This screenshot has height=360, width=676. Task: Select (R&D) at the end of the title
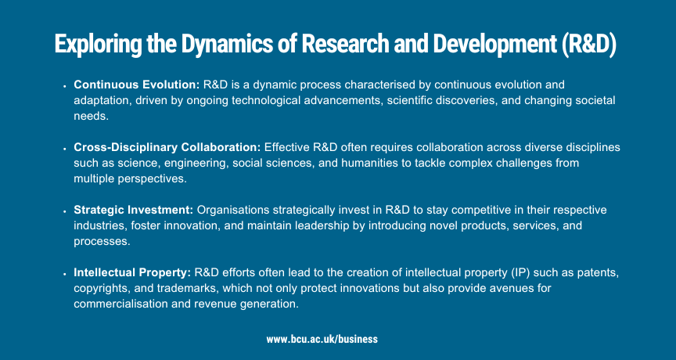click(x=589, y=44)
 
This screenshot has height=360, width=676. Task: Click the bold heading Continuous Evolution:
click(x=137, y=85)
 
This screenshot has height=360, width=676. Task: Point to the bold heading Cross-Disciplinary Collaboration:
click(x=167, y=147)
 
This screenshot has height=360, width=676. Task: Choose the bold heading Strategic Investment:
click(x=134, y=210)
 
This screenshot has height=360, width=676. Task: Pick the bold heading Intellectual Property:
click(x=132, y=273)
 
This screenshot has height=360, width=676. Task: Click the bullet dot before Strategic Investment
click(x=65, y=211)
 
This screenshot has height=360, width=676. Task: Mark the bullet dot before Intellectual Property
click(x=65, y=274)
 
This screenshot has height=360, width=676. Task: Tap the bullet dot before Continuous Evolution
click(x=65, y=86)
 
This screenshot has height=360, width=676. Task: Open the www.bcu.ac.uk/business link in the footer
click(x=322, y=340)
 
